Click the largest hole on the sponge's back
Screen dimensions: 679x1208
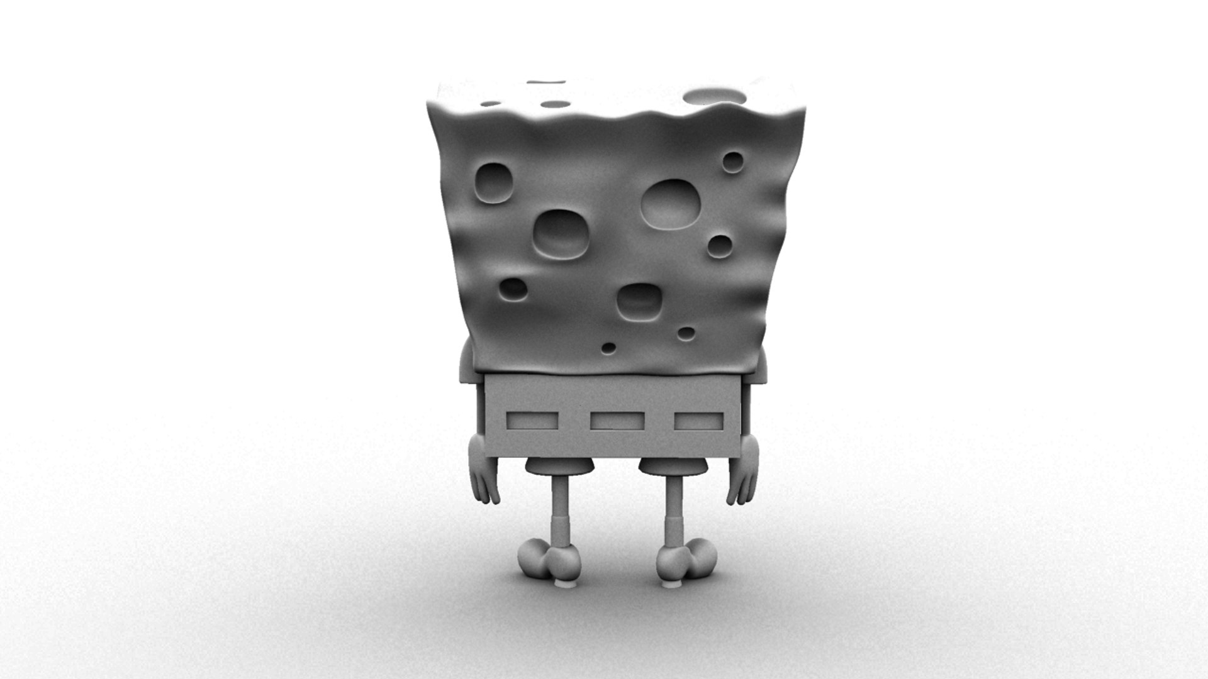pos(671,204)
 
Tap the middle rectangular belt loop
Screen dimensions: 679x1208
pos(617,421)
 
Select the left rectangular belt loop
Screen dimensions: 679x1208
pos(532,419)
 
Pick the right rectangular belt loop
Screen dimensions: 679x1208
pos(699,421)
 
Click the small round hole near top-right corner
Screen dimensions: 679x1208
pos(732,162)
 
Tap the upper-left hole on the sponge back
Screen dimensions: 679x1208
pos(493,182)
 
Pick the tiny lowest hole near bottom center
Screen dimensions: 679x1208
pos(608,347)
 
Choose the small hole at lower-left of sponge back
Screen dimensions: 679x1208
pos(513,289)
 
